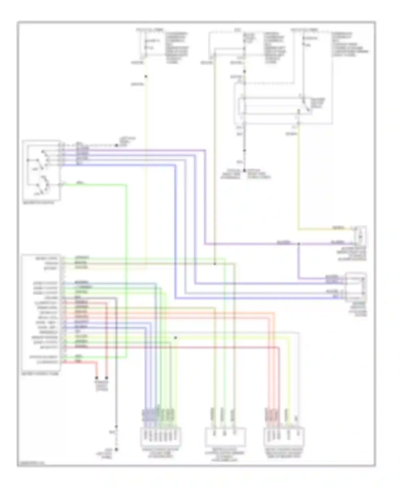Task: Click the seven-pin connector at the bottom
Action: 161,437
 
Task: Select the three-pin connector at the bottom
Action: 225,437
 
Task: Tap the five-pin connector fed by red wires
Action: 284,437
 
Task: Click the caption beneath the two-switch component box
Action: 39,203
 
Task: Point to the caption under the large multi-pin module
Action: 40,374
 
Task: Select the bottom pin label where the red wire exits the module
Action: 47,362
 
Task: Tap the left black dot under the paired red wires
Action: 97,378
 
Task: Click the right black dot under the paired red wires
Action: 106,378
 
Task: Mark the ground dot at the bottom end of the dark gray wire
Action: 116,450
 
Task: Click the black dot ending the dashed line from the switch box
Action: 116,145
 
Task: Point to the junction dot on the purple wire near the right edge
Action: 298,244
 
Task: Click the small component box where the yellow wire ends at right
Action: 360,236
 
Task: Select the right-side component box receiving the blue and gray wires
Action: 356,287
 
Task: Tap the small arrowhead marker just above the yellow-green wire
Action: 175,338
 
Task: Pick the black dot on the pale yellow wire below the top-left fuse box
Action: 146,77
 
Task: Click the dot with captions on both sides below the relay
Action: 244,170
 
